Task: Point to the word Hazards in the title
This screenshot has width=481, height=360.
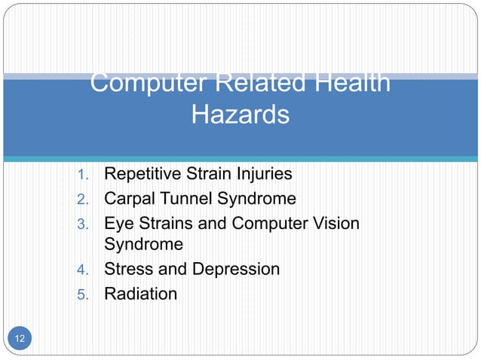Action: pyautogui.click(x=240, y=115)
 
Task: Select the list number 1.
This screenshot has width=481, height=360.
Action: pyautogui.click(x=84, y=175)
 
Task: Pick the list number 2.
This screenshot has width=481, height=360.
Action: pyautogui.click(x=84, y=200)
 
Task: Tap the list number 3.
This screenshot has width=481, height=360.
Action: pyautogui.click(x=84, y=224)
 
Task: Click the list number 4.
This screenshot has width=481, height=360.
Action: pyautogui.click(x=84, y=270)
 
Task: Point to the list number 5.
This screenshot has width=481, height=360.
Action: pyautogui.click(x=84, y=294)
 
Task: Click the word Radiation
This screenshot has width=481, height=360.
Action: pyautogui.click(x=140, y=294)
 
